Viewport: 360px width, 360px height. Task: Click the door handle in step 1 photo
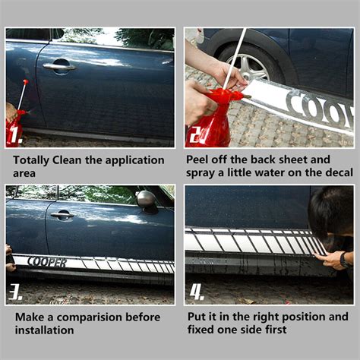[x=59, y=67]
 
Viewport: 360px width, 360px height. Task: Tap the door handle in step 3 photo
[x=62, y=216]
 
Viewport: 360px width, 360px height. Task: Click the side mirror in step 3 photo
[x=147, y=199]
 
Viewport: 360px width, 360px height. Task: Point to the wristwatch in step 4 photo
[x=344, y=260]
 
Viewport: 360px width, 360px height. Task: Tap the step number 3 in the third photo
[x=15, y=292]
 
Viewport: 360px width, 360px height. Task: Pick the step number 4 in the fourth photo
[x=197, y=292]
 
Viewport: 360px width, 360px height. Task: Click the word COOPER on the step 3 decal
[x=47, y=262]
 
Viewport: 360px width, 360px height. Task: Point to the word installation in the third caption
[x=45, y=330]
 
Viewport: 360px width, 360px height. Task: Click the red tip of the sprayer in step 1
[x=25, y=81]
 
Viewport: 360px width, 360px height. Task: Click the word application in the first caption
[x=134, y=161]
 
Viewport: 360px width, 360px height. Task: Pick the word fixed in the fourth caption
[x=201, y=330]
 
